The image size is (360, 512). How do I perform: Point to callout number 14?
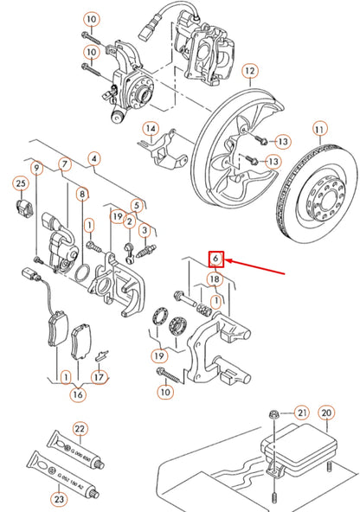(151, 131)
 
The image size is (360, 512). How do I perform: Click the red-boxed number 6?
(216, 259)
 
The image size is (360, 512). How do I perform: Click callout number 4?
(93, 159)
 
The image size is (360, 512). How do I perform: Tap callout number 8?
(81, 195)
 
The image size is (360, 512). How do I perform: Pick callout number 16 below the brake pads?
(76, 394)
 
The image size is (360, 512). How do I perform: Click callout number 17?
(100, 377)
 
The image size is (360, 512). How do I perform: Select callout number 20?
(325, 414)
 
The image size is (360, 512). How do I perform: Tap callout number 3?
(145, 230)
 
